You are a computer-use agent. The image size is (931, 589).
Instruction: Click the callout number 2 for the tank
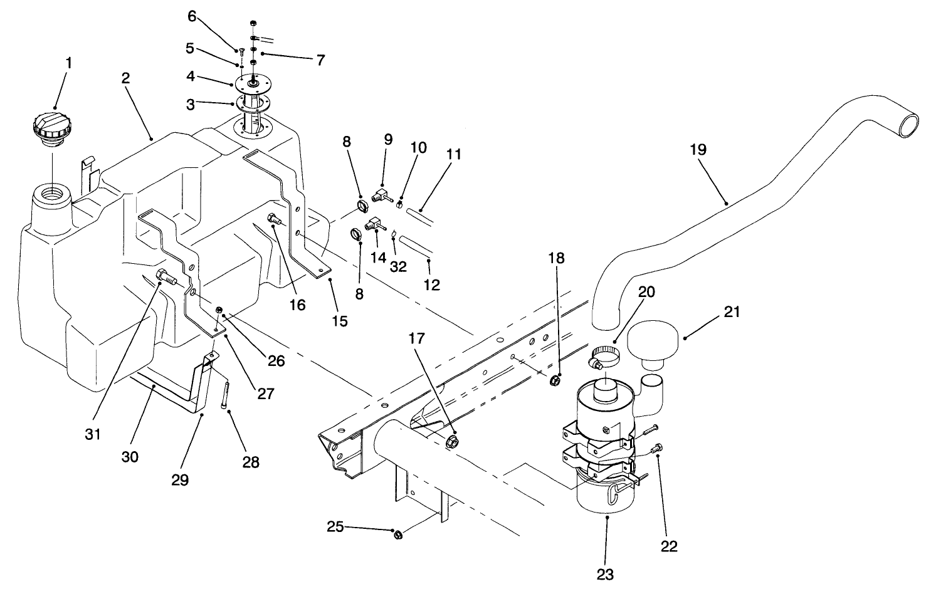pos(125,79)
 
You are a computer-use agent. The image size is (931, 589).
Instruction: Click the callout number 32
pos(398,266)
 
